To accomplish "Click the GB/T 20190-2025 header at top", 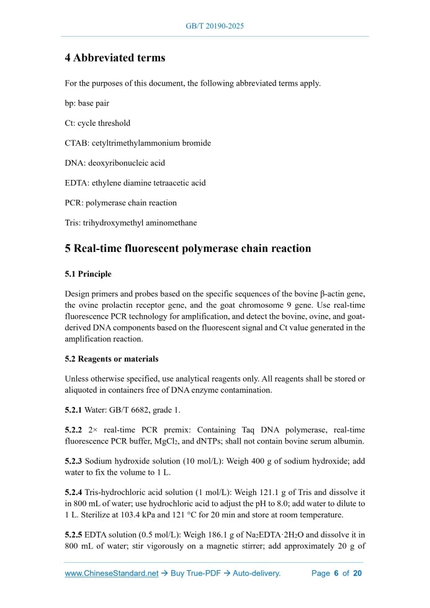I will (215, 27).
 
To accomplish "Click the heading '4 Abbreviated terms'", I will (115, 58).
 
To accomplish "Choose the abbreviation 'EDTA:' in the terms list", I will (77, 183).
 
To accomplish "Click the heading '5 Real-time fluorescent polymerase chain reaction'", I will (188, 249).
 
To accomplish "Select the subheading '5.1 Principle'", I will (88, 274).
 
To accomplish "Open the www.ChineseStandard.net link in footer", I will (112, 573).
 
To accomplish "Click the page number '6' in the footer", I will (336, 573).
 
